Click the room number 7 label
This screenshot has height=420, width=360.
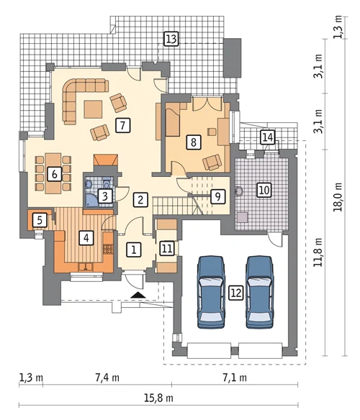123,125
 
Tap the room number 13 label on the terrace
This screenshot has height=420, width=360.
171,39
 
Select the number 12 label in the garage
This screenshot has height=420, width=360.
236,293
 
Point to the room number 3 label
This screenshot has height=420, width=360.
104,196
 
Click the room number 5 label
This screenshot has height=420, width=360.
40,220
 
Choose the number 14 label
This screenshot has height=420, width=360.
268,137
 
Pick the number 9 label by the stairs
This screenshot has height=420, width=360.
217,197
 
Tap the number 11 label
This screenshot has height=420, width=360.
167,248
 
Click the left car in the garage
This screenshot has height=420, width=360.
211,292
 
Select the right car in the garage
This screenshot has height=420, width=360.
259,292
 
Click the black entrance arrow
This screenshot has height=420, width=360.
138,295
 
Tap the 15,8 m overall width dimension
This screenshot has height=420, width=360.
158,398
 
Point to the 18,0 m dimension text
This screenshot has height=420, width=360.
338,197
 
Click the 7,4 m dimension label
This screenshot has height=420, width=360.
107,378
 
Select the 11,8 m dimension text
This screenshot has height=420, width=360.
318,252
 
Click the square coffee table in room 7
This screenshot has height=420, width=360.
93,109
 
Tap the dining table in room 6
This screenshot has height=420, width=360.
53,173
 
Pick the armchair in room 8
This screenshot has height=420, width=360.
212,162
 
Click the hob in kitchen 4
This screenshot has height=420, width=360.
108,249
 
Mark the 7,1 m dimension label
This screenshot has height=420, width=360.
235,378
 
